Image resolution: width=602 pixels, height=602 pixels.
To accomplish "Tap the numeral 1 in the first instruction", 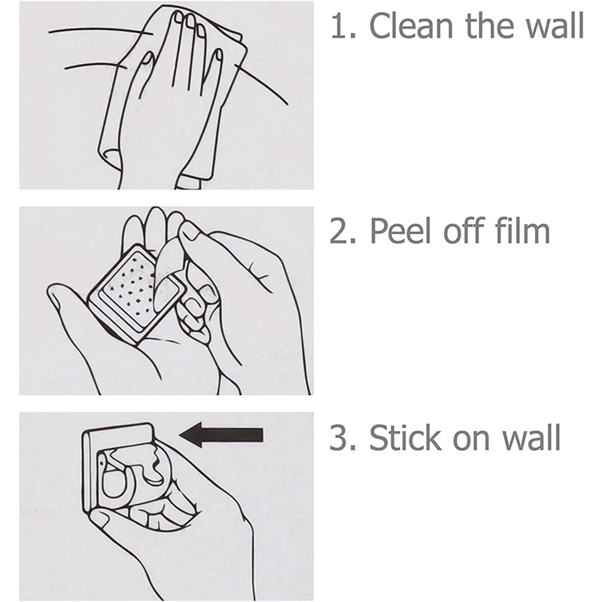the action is (x=338, y=26).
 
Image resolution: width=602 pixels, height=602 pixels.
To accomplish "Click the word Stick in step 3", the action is (x=405, y=437).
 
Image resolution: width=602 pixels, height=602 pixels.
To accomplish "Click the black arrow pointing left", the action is (x=221, y=435).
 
